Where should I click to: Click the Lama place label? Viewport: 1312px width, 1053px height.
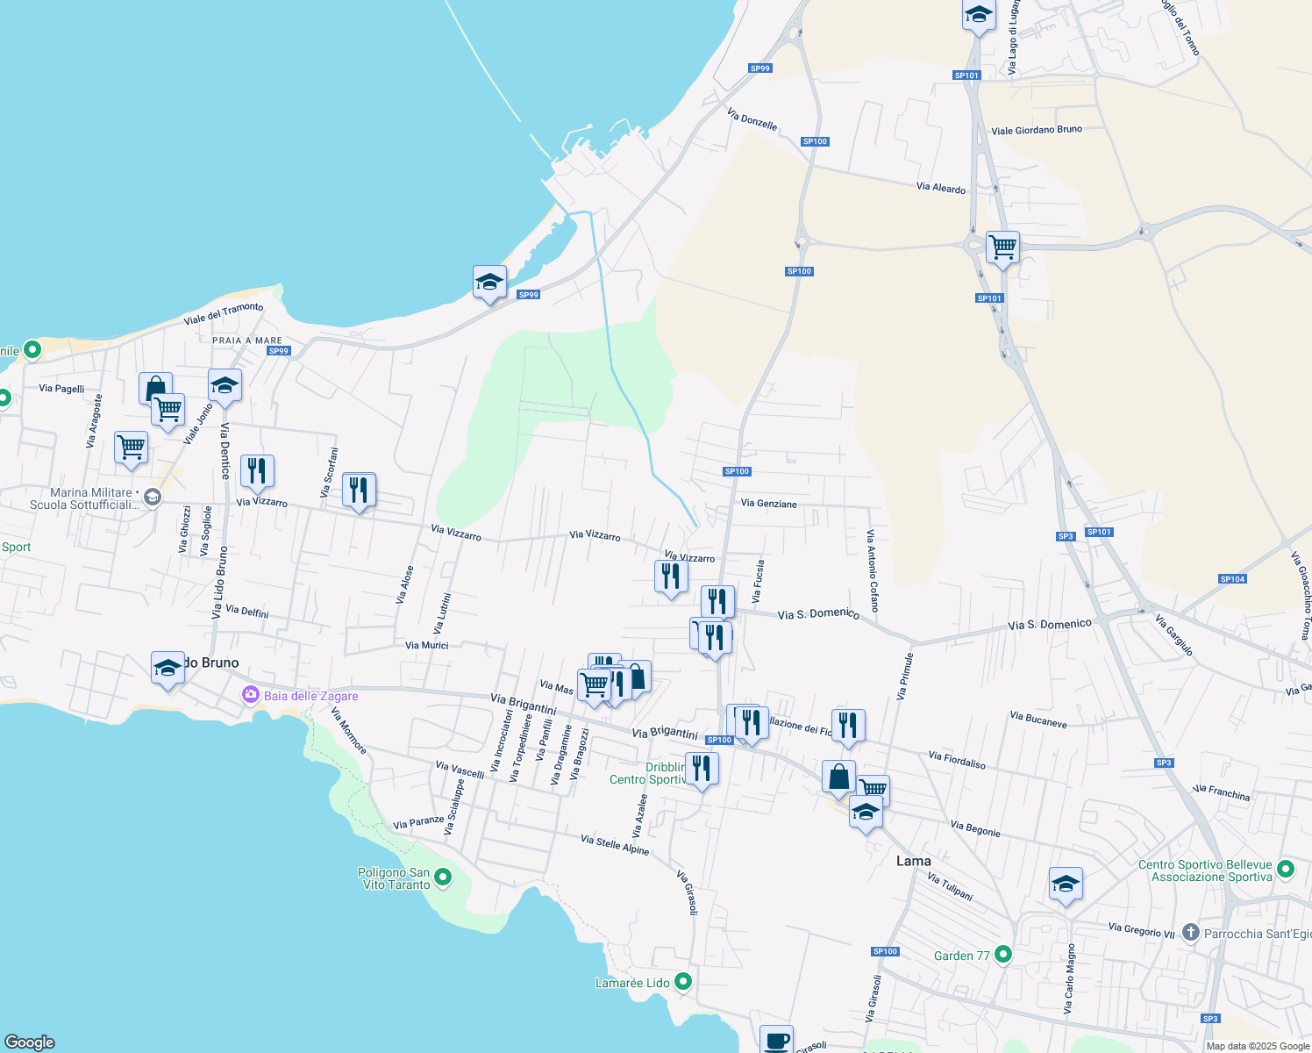click(x=913, y=861)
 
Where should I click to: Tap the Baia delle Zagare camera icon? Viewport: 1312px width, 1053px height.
click(x=251, y=696)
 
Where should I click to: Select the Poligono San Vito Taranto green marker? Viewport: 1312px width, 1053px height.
click(x=443, y=877)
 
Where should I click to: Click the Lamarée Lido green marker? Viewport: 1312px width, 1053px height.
click(x=683, y=982)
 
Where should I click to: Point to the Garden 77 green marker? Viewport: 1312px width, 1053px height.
click(x=1004, y=954)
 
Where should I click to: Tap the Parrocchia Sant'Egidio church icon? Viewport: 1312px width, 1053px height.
click(x=1190, y=932)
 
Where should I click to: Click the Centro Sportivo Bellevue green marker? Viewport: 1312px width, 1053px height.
click(x=1286, y=869)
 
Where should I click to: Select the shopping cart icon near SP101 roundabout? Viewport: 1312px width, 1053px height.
click(x=1002, y=247)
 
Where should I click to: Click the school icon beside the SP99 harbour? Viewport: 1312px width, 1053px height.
click(x=489, y=282)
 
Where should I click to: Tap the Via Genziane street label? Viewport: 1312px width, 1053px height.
click(x=768, y=504)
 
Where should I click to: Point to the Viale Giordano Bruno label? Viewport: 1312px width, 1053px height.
click(x=1036, y=130)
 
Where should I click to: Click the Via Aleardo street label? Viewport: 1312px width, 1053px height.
click(x=940, y=188)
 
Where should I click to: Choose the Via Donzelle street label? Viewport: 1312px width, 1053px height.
click(x=752, y=118)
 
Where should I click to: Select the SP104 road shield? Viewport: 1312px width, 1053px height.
click(x=1232, y=579)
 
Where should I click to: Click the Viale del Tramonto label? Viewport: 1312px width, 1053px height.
click(x=224, y=313)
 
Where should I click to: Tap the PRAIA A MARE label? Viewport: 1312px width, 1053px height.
click(x=247, y=340)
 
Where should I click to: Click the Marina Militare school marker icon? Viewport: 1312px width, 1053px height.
click(x=153, y=498)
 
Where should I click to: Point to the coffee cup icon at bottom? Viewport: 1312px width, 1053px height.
click(x=776, y=1041)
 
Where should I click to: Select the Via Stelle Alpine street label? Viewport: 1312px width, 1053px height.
click(x=615, y=845)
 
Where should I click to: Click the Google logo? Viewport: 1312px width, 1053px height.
click(x=30, y=1042)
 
